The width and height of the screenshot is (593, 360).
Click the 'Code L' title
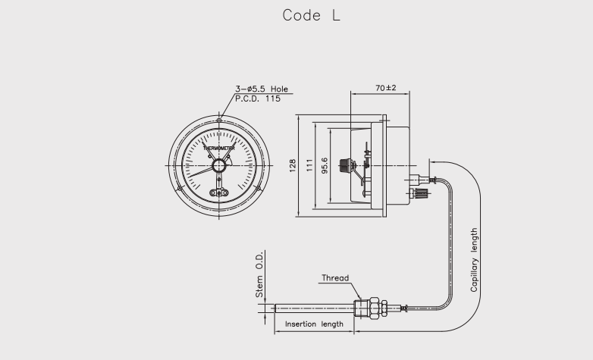click(x=311, y=15)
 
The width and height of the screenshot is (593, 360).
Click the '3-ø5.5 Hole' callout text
click(x=263, y=89)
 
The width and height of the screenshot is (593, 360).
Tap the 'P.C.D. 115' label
click(x=258, y=99)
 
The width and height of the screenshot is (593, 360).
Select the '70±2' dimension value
click(x=386, y=88)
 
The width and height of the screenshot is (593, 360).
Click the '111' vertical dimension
click(x=309, y=166)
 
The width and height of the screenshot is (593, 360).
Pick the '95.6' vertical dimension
click(x=325, y=166)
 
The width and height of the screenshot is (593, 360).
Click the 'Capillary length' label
click(x=475, y=260)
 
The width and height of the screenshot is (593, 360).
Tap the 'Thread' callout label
click(x=335, y=278)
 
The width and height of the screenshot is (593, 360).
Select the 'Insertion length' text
click(x=314, y=324)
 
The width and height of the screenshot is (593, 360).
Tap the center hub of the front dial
click(x=219, y=166)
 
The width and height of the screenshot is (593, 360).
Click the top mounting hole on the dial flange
click(x=219, y=120)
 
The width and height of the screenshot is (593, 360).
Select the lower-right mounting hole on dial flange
click(x=259, y=189)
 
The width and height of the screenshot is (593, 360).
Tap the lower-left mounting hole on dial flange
click(x=179, y=189)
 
